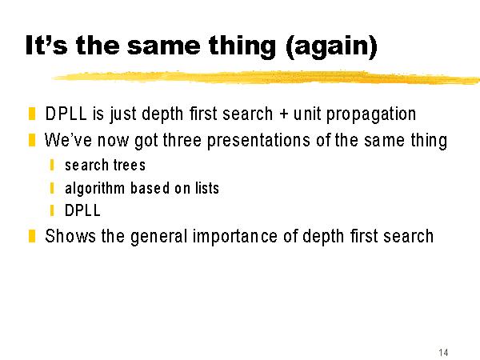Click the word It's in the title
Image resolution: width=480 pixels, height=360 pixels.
click(x=46, y=46)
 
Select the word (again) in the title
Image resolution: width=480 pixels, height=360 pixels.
click(x=331, y=46)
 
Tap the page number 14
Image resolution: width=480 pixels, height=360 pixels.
click(x=443, y=352)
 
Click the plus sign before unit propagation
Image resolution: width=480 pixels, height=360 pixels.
click(x=284, y=114)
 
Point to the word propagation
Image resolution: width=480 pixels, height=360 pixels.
click(x=371, y=114)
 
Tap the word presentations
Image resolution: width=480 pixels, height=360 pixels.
click(x=258, y=141)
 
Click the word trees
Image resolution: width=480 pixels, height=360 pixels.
click(x=130, y=165)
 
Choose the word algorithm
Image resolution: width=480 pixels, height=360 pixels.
click(x=94, y=189)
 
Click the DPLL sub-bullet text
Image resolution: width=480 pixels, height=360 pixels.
click(x=82, y=210)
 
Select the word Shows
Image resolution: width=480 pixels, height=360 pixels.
click(x=70, y=236)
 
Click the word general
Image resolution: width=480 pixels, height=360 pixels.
click(x=158, y=237)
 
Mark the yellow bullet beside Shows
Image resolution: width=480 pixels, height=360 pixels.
click(x=32, y=236)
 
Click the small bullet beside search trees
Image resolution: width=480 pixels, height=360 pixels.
click(x=52, y=165)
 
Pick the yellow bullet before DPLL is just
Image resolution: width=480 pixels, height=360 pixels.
click(x=32, y=114)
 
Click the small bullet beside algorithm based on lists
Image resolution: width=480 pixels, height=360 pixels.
click(x=52, y=188)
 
